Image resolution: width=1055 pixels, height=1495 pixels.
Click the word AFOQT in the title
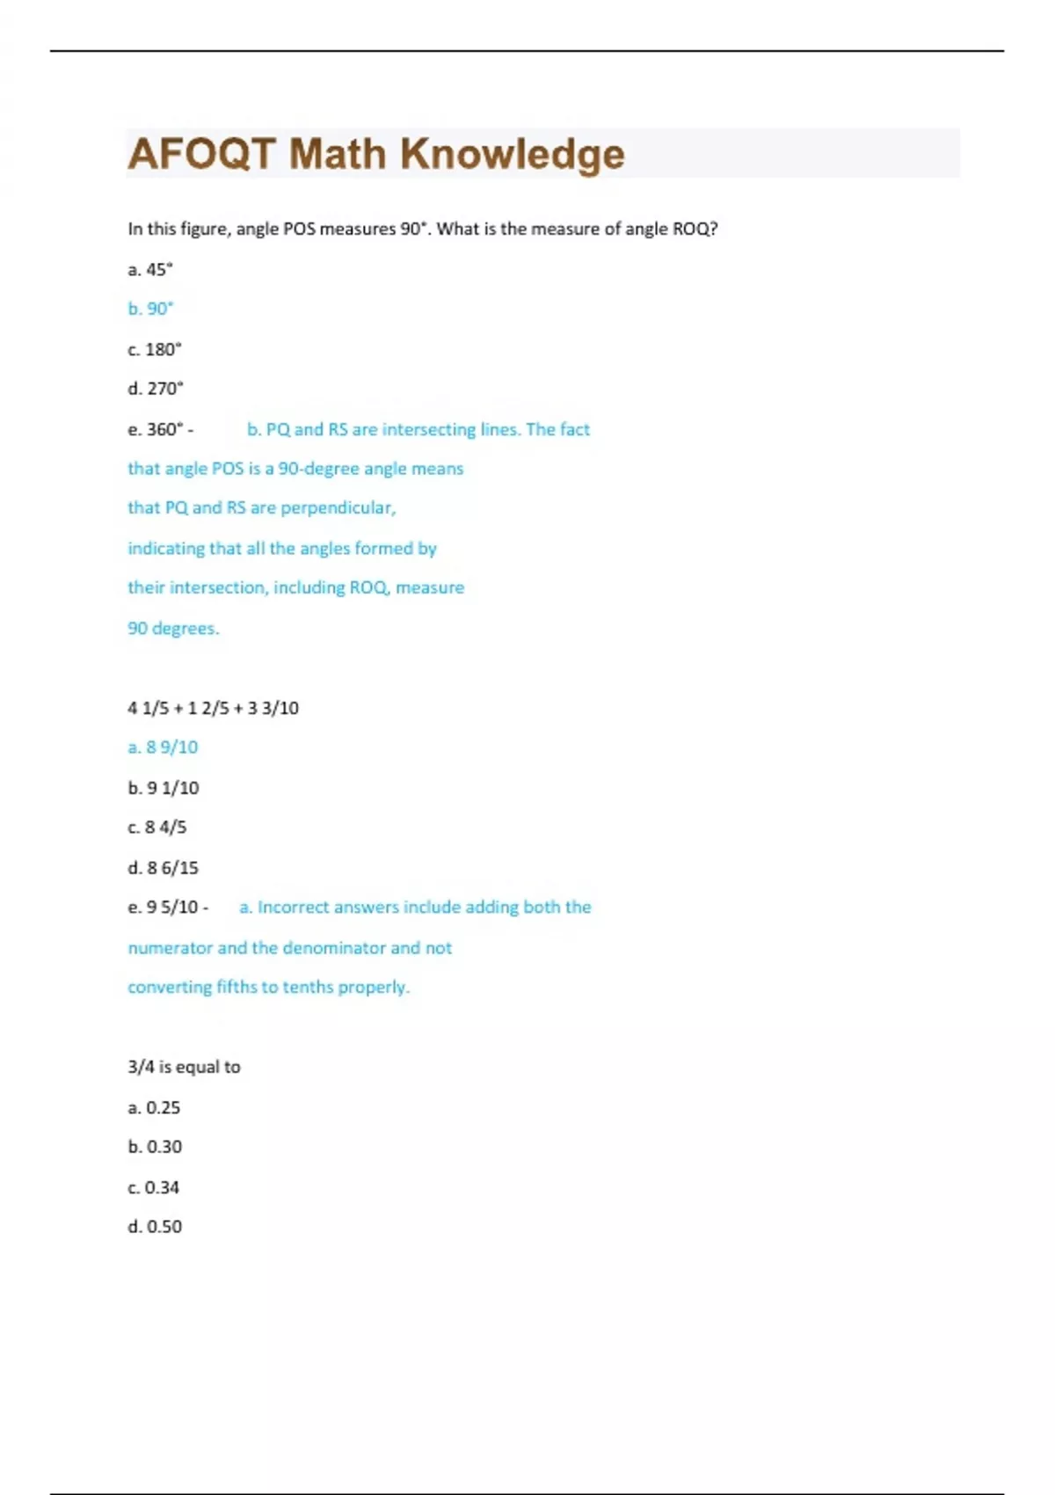click(201, 154)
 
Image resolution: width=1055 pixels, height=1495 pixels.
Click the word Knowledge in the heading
click(513, 154)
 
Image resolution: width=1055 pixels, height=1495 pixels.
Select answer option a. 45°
click(150, 270)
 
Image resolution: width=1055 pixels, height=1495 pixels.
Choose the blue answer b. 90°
click(150, 309)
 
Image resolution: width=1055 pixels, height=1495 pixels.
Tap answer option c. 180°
click(155, 349)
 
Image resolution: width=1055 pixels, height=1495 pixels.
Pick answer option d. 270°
click(156, 388)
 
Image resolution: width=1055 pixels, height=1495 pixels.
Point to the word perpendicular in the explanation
click(338, 507)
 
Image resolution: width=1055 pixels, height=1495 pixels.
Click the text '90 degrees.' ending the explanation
click(173, 628)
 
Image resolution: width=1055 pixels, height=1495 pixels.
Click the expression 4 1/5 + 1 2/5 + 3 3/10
click(213, 708)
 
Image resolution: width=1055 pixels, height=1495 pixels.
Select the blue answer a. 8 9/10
click(163, 747)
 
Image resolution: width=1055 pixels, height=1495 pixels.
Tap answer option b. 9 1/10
click(164, 788)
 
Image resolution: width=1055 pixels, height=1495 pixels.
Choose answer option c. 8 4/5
click(157, 827)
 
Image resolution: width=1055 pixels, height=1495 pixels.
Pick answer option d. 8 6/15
click(163, 868)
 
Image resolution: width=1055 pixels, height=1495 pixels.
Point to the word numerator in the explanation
click(170, 948)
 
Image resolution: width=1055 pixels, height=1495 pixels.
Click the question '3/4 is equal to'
click(184, 1067)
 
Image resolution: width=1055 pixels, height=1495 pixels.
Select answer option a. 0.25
click(154, 1107)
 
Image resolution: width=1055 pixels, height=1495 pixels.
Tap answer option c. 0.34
click(154, 1187)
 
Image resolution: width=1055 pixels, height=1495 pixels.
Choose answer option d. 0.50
click(155, 1226)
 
